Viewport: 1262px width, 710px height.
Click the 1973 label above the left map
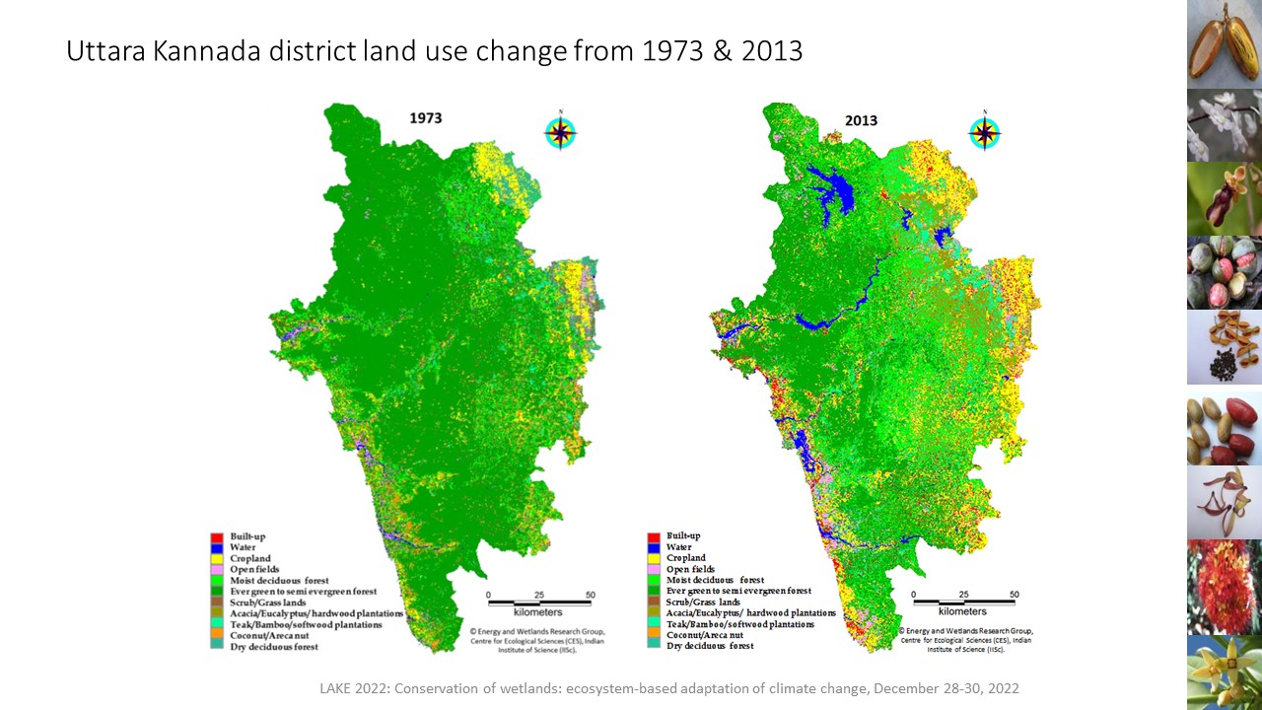click(x=426, y=118)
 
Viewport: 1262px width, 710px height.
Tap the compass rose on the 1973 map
click(x=561, y=132)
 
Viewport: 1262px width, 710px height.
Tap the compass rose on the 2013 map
click(x=984, y=133)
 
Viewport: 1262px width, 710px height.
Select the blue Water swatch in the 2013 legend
click(x=652, y=547)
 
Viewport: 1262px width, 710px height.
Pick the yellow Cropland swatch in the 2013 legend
click(x=652, y=558)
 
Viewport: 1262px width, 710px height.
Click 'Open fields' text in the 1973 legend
click(x=254, y=569)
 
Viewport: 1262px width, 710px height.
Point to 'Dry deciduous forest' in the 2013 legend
click(x=710, y=646)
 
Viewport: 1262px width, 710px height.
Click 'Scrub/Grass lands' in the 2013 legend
click(x=703, y=602)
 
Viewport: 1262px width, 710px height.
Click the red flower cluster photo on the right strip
click(x=1224, y=586)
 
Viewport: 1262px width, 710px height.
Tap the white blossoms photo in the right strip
click(x=1224, y=125)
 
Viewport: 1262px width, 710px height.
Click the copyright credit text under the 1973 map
click(x=537, y=639)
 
